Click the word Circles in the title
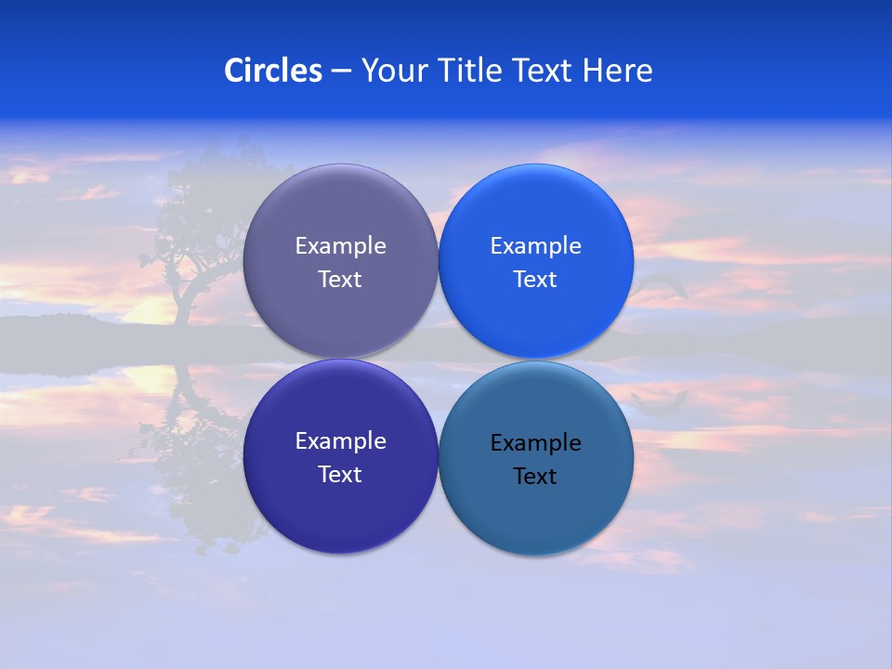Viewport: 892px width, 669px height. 273,71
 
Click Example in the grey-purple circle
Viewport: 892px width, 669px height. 340,246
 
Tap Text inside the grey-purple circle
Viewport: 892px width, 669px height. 340,279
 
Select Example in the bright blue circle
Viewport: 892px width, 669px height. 535,246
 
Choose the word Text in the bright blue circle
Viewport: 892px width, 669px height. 535,279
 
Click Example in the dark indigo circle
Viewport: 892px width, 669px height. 340,441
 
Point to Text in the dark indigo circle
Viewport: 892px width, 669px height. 340,474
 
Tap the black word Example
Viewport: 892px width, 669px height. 535,443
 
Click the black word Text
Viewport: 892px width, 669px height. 535,476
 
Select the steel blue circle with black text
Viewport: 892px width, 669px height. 536,520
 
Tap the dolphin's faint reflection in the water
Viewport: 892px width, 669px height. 660,400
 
